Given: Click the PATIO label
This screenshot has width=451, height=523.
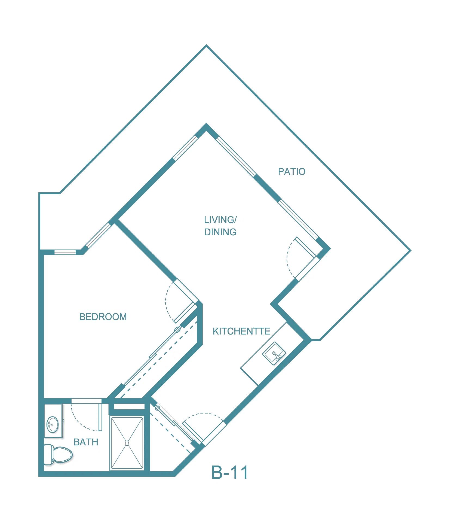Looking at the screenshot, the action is pos(292,172).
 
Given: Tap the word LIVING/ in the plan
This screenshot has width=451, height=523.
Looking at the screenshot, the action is pos(220,220).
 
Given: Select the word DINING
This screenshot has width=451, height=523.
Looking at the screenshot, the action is pos(220,232).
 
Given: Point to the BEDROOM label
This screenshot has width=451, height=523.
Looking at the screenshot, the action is pos(103,317).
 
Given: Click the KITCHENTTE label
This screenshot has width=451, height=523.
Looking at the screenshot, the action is pos(241,331).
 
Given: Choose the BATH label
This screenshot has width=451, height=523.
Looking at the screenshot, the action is pos(86,442).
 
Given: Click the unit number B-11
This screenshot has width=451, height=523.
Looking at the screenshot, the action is pos(230,472).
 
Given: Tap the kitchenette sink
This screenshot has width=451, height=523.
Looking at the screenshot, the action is pos(274,353).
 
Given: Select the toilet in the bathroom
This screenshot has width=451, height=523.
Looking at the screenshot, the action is pos(58,455).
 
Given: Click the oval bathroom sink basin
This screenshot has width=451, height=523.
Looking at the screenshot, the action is pos(53,424).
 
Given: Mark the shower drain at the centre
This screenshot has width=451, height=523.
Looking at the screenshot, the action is pos(127,443).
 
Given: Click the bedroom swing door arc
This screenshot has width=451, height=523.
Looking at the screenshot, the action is pos(168,302).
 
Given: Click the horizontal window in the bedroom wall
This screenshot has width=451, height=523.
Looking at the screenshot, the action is pos(65,252).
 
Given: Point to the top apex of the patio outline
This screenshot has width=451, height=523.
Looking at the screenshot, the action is pos(206,45).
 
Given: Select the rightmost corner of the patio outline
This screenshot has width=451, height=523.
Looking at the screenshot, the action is pos(410,251).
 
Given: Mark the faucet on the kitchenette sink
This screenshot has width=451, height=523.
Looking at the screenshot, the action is pos(277,355).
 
